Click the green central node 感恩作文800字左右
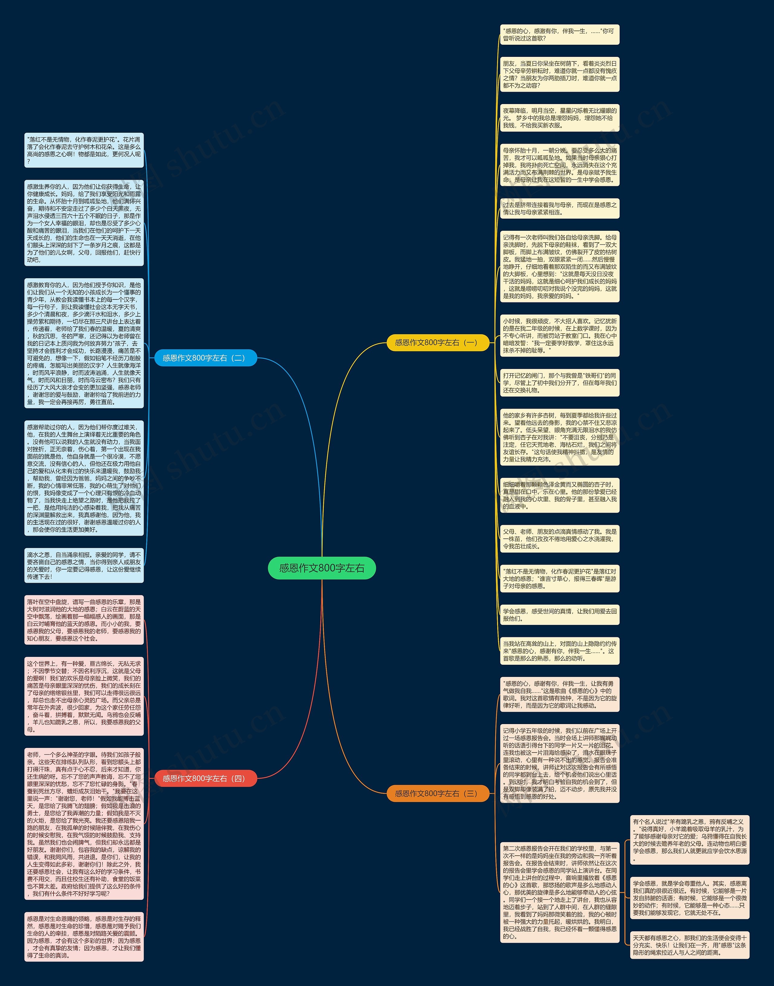322,568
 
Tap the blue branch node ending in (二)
206,358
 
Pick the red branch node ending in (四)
206,779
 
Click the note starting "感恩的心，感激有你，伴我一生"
559,35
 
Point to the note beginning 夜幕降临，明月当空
559,118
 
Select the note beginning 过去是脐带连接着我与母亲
559,208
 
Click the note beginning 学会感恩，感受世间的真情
559,615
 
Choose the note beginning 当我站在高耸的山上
559,651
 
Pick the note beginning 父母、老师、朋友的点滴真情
559,539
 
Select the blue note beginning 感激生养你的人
84,223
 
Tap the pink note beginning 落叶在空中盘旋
84,620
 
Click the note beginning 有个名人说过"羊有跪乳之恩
690,840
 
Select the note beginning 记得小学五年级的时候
559,763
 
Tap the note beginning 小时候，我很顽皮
559,335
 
